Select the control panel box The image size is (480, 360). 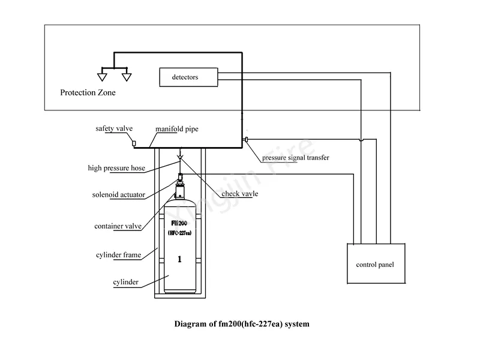click(x=375, y=264)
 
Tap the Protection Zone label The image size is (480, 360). click(x=88, y=93)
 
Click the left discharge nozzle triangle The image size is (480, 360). click(x=103, y=76)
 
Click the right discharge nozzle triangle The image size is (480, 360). click(x=126, y=76)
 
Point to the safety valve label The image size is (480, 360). click(x=114, y=128)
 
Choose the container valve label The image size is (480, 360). click(x=118, y=226)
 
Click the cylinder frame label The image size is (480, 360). click(x=118, y=255)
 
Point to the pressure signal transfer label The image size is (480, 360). click(x=295, y=158)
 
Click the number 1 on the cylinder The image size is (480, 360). click(x=179, y=260)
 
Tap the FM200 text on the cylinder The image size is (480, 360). click(x=179, y=222)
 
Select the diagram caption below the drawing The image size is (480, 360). click(x=241, y=324)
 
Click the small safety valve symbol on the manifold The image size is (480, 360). click(x=135, y=143)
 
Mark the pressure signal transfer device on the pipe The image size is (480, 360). click(x=246, y=140)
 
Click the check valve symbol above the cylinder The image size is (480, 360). click(x=179, y=158)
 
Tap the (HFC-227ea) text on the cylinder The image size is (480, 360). click(x=179, y=233)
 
